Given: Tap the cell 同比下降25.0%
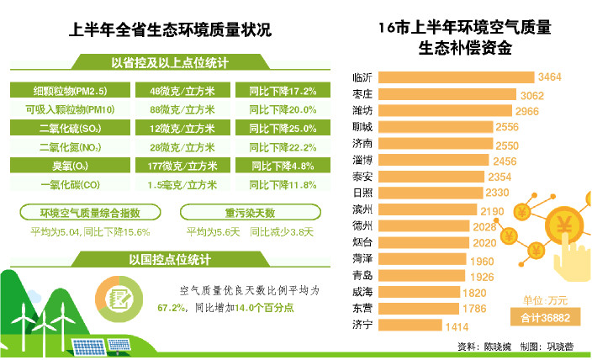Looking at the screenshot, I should tap(283, 129).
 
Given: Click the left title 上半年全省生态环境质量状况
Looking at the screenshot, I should tap(170, 31).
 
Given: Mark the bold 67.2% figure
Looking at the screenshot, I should tap(171, 308).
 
